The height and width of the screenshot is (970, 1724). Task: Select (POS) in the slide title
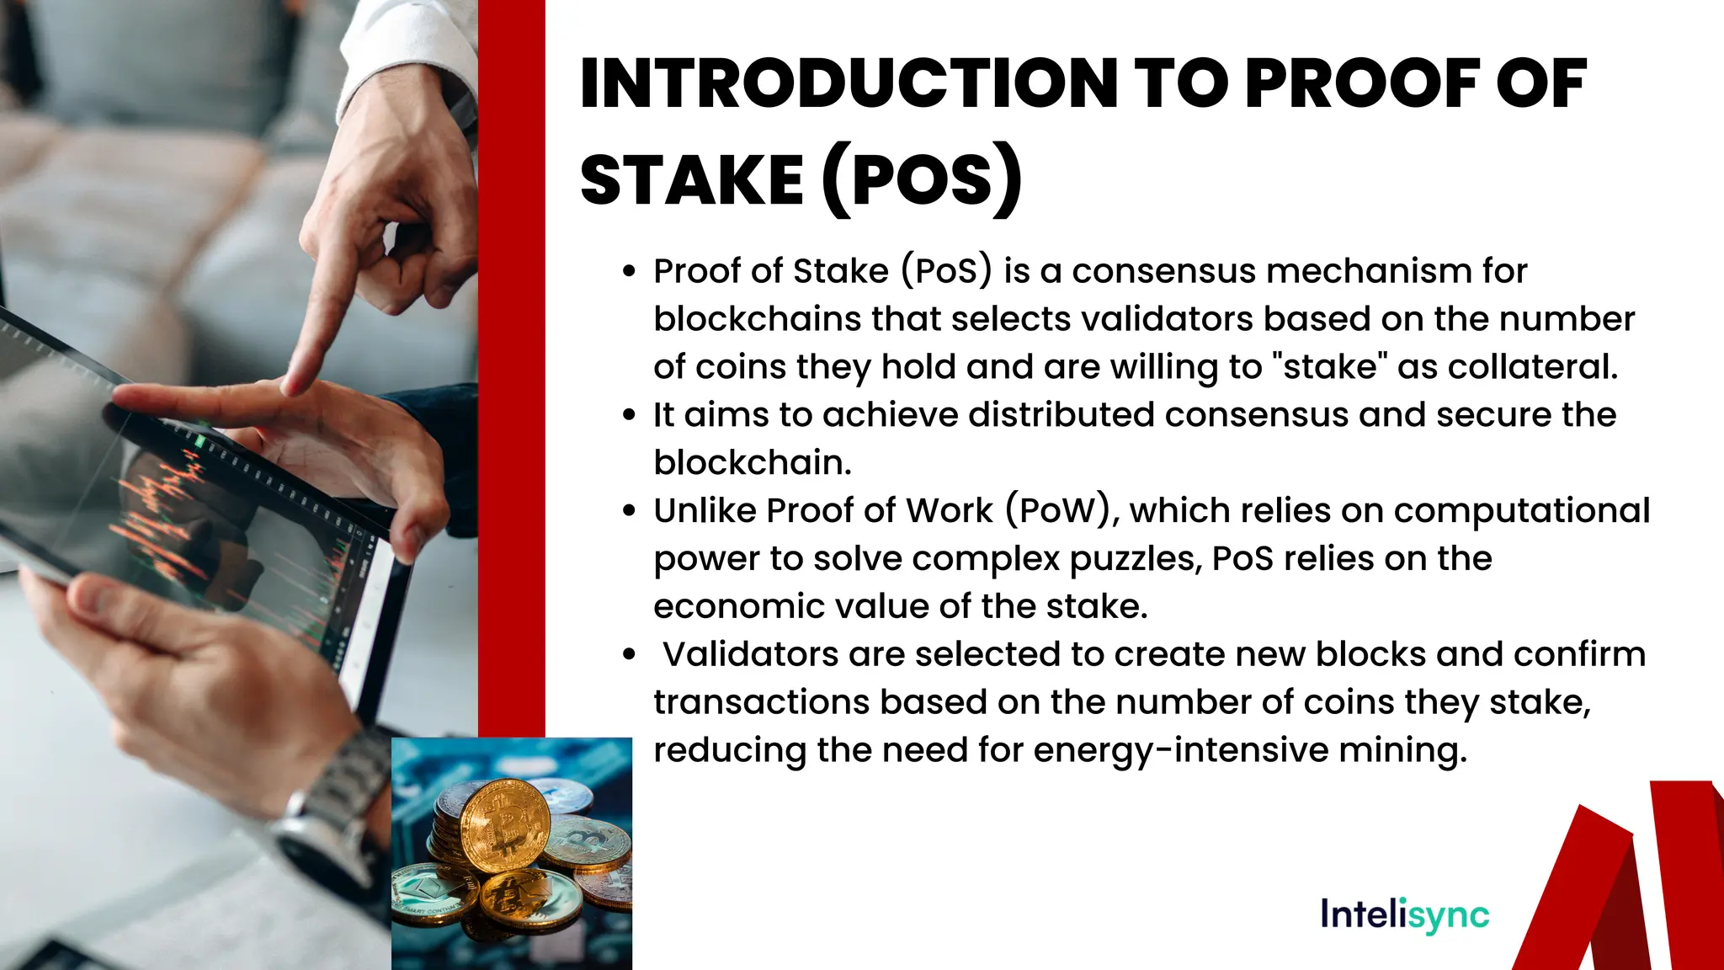tap(922, 180)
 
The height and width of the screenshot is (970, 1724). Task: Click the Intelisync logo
tap(1404, 914)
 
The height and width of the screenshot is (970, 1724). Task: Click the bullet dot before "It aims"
tap(629, 415)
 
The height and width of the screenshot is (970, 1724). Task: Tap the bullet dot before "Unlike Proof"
tap(629, 511)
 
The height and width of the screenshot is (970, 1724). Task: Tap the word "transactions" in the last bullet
tap(761, 702)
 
